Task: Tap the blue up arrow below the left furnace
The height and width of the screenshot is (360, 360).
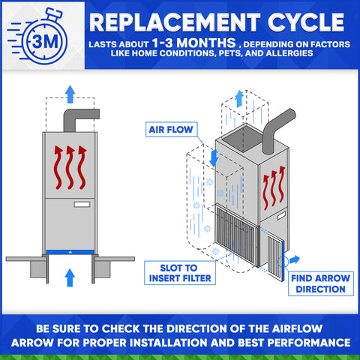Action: click(x=69, y=277)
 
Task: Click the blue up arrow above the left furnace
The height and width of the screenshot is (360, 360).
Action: click(x=69, y=93)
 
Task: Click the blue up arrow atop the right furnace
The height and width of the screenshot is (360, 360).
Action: click(x=238, y=97)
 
